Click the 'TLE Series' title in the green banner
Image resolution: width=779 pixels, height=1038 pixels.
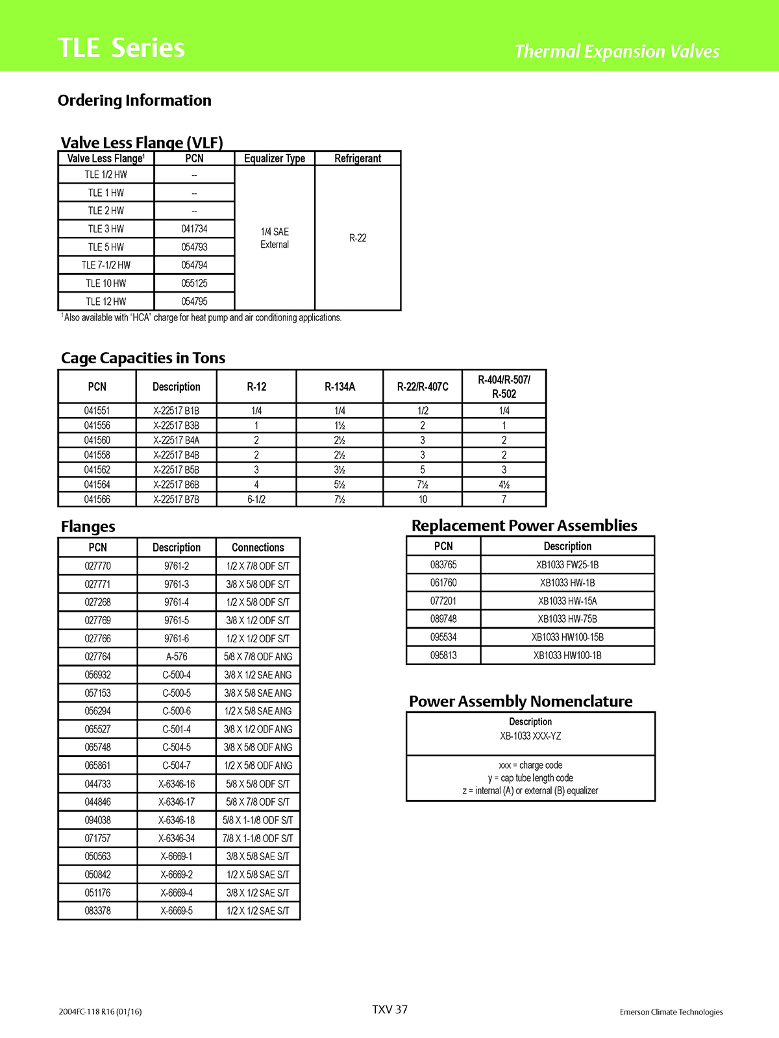pyautogui.click(x=121, y=48)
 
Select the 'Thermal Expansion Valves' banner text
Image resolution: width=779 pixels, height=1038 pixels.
pyautogui.click(x=617, y=51)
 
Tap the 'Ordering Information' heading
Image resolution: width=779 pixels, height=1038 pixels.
pyautogui.click(x=134, y=101)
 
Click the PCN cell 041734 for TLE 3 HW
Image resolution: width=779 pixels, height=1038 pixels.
pyautogui.click(x=194, y=229)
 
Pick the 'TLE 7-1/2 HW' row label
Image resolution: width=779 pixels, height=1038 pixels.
pyautogui.click(x=106, y=265)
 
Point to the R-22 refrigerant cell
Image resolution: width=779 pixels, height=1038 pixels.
pyautogui.click(x=358, y=238)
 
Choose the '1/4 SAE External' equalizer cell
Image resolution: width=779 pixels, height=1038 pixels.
pyautogui.click(x=275, y=238)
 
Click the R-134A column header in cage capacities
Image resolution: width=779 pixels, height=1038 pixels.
pyautogui.click(x=340, y=387)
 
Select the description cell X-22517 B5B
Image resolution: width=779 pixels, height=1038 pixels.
pyautogui.click(x=176, y=470)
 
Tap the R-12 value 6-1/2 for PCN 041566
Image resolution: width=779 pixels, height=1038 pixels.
pyautogui.click(x=256, y=500)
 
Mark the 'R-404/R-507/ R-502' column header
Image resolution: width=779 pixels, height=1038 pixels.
pyautogui.click(x=504, y=387)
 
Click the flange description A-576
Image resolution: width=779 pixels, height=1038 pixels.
pyautogui.click(x=177, y=657)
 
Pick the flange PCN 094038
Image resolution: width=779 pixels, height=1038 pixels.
pyautogui.click(x=97, y=820)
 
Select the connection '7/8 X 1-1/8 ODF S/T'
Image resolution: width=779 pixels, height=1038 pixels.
pyautogui.click(x=258, y=838)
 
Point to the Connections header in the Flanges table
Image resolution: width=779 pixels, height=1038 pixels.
pyautogui.click(x=258, y=548)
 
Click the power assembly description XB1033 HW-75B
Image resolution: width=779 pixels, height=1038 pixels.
pyautogui.click(x=567, y=619)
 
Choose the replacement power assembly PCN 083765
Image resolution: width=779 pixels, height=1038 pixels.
pyautogui.click(x=443, y=565)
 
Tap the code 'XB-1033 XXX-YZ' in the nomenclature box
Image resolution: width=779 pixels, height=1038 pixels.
pyautogui.click(x=530, y=736)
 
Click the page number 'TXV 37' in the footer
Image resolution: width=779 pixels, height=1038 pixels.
pyautogui.click(x=389, y=1009)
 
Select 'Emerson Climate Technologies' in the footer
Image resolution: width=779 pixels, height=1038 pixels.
pyautogui.click(x=671, y=1012)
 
